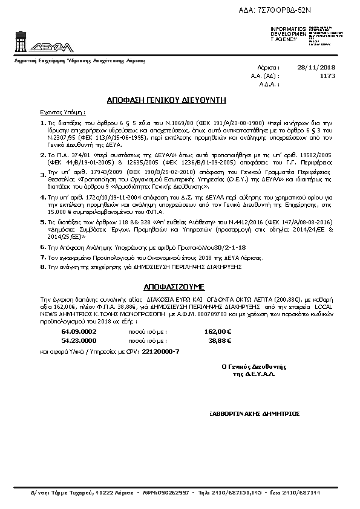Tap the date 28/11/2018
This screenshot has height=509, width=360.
[316, 67]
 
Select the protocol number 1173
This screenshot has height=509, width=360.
[327, 76]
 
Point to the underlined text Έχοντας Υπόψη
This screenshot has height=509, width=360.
[63, 112]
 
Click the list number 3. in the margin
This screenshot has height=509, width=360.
[42, 175]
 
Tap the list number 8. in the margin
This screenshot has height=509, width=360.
[42, 265]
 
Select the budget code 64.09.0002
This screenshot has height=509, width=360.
[79, 332]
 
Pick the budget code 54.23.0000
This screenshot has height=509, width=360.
[79, 340]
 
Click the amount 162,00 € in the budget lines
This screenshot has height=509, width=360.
[219, 332]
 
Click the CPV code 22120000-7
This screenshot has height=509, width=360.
[160, 351]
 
